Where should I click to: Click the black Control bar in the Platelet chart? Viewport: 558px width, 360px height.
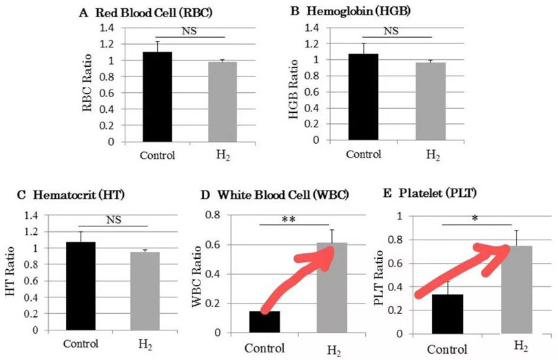coord(448,314)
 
